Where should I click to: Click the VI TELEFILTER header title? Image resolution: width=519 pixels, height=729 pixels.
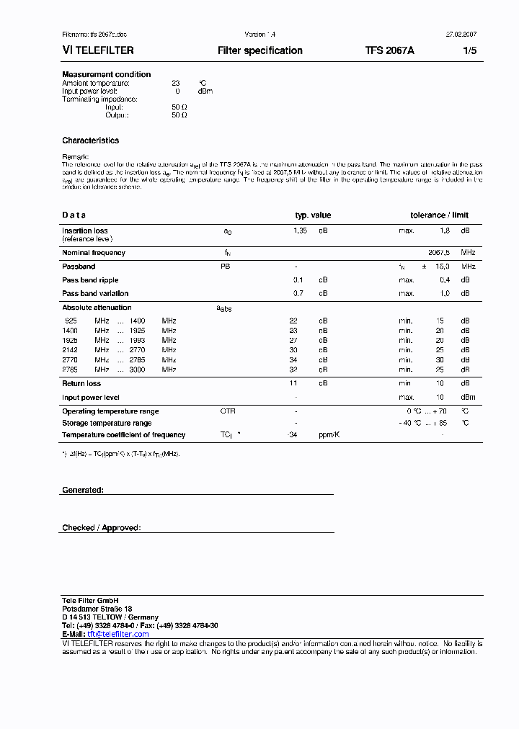[x=98, y=50]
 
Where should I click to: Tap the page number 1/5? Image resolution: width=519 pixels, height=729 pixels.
[x=469, y=50]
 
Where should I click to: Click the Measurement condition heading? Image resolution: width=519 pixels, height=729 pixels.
[x=107, y=74]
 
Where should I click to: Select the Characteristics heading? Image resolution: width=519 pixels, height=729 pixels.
[x=91, y=140]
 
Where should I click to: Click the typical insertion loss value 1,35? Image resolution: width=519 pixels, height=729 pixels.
[x=300, y=231]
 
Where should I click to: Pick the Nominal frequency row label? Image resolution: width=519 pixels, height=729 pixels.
[x=94, y=253]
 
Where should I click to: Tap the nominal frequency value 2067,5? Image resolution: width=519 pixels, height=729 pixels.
[x=439, y=253]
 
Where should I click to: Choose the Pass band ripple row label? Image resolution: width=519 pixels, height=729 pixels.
[x=90, y=279]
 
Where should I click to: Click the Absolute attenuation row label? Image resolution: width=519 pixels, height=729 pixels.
[x=97, y=308]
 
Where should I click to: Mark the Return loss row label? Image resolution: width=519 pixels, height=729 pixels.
[x=81, y=384]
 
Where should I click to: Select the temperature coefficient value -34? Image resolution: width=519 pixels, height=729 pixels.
[x=292, y=435]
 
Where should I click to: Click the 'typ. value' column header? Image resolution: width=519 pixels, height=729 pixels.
[x=313, y=215]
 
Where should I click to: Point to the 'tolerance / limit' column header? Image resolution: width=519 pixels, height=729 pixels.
[x=439, y=215]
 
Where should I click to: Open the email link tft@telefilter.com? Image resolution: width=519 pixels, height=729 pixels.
[x=117, y=634]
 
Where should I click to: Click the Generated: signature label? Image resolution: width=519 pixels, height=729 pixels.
[x=83, y=490]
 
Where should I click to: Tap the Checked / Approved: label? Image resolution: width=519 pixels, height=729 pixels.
[x=102, y=528]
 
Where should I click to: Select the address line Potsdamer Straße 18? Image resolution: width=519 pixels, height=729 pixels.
[x=97, y=609]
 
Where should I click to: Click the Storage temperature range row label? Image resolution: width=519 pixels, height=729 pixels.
[x=107, y=423]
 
